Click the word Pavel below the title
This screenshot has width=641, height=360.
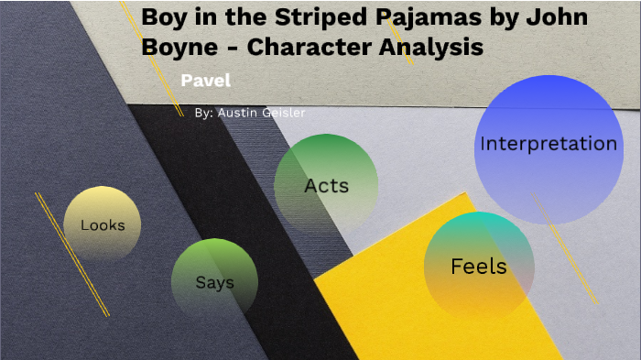point(205,80)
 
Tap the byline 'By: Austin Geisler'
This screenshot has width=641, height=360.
point(250,113)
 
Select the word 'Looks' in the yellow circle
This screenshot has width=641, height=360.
point(103,224)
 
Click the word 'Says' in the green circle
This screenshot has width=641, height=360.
point(214,282)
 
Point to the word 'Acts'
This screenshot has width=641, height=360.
point(327,186)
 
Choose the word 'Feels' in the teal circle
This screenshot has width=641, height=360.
point(478,267)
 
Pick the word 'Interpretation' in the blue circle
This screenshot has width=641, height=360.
point(549,144)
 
